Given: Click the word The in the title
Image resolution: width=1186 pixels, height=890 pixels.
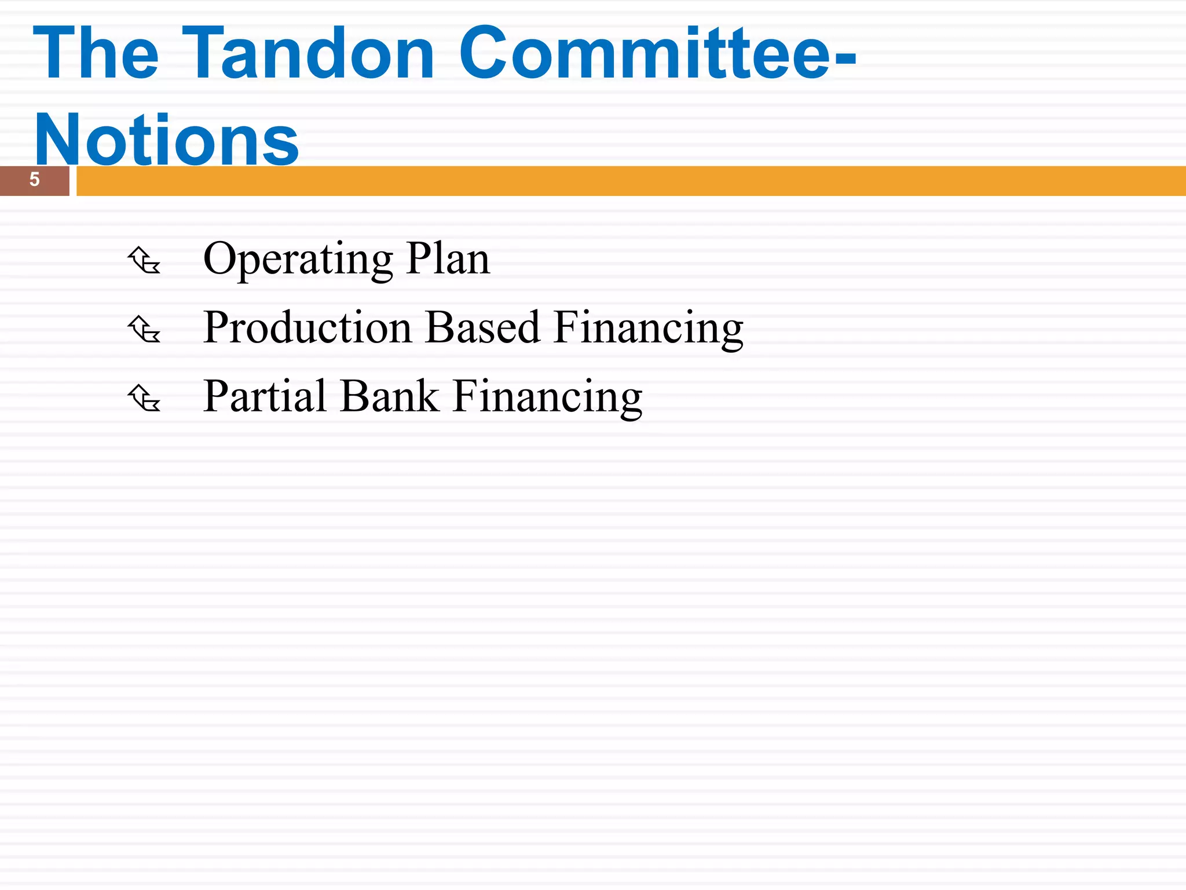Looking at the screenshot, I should tap(96, 53).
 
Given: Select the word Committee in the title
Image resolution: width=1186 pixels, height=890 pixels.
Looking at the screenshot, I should tap(643, 53).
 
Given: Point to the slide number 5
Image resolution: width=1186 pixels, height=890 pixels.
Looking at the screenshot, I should tap(35, 180).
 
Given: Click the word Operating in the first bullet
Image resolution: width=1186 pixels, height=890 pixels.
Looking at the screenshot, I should tap(298, 259).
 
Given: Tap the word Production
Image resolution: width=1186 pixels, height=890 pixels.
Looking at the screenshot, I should tap(307, 327).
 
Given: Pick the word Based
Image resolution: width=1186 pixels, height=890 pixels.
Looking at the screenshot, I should tap(482, 327).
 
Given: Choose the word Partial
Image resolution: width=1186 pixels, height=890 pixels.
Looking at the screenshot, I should tap(266, 396).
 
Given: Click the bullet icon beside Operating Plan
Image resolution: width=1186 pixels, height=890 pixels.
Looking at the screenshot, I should tap(144, 260).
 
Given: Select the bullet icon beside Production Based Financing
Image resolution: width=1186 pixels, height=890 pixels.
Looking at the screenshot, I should tap(144, 329).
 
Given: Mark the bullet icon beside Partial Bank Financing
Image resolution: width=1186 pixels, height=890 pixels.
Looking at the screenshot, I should tap(144, 398).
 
